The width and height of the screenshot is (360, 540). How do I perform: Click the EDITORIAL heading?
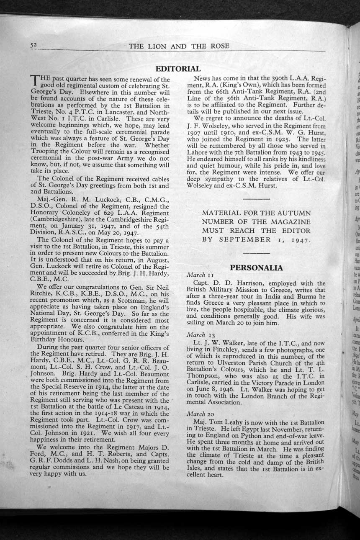[x=178, y=69]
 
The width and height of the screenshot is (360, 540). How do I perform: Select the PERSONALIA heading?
[x=256, y=267]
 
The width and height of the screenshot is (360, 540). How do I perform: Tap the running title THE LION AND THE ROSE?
[x=179, y=46]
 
